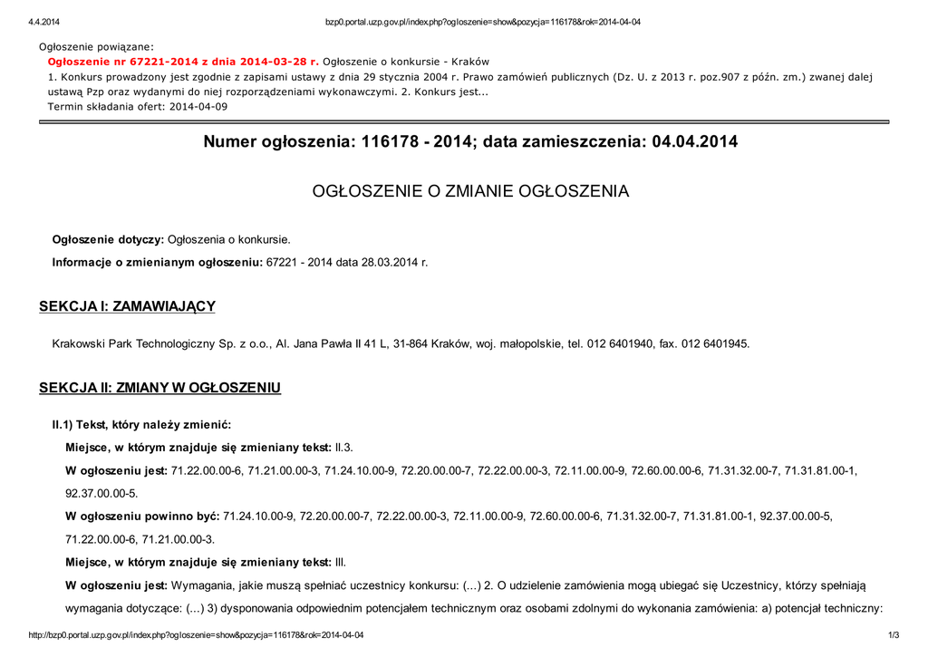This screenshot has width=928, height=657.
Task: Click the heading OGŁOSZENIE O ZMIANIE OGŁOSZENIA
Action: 470,191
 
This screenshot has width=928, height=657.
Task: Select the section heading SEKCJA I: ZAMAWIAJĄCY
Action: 127,306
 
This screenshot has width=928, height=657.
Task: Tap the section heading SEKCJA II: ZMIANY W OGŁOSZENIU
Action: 159,388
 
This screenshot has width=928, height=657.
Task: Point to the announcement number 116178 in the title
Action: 388,142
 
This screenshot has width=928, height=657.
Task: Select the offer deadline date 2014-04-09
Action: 195,106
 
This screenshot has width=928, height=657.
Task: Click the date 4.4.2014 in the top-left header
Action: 43,23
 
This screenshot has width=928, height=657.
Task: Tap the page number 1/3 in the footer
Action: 894,635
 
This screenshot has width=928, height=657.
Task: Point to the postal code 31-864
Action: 410,344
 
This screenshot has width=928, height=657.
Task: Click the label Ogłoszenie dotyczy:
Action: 108,240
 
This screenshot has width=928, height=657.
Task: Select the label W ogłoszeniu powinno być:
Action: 142,517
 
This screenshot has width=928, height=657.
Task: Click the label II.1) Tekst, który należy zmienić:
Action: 141,425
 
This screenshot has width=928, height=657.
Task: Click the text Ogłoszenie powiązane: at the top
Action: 96,46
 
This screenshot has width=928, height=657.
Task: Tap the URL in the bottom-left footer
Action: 196,635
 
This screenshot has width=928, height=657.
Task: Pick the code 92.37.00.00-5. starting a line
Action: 101,494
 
